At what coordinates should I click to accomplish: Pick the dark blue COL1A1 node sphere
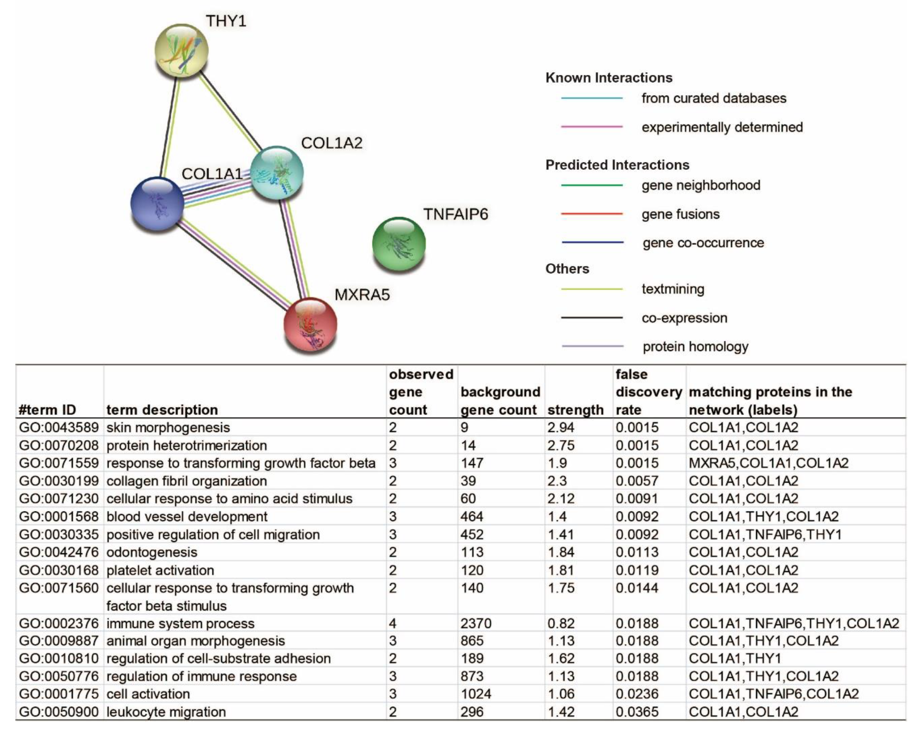coord(157,204)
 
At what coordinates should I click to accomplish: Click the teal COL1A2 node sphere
coord(277,173)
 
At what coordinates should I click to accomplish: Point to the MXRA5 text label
coord(362,295)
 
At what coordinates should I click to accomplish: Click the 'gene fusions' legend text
coord(680,214)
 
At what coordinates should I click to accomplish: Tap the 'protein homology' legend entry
coord(695,347)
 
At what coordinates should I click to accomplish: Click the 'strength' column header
coord(575,410)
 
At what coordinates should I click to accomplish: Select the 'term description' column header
coord(162,410)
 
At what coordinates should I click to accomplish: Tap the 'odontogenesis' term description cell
coord(152,552)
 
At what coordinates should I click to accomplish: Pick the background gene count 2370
coord(475,623)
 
